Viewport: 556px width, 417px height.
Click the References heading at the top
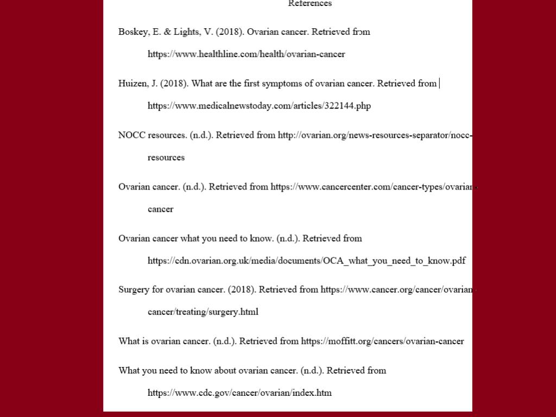pyautogui.click(x=309, y=4)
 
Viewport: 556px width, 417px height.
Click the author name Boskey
pyautogui.click(x=132, y=32)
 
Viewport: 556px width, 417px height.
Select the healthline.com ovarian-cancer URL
pyautogui.click(x=246, y=54)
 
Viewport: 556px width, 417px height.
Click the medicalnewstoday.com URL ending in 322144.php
pyautogui.click(x=259, y=106)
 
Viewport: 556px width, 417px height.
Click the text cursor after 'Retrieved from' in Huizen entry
pyautogui.click(x=439, y=84)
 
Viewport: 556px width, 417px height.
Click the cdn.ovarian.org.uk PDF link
pyautogui.click(x=306, y=261)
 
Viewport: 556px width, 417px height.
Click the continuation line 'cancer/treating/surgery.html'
pyautogui.click(x=203, y=312)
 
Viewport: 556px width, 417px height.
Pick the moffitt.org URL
pyautogui.click(x=382, y=342)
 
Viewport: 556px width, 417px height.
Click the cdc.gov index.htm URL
pyautogui.click(x=239, y=393)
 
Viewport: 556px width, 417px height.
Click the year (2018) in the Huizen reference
pyautogui.click(x=174, y=84)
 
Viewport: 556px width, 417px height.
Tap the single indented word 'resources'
pyautogui.click(x=166, y=157)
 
